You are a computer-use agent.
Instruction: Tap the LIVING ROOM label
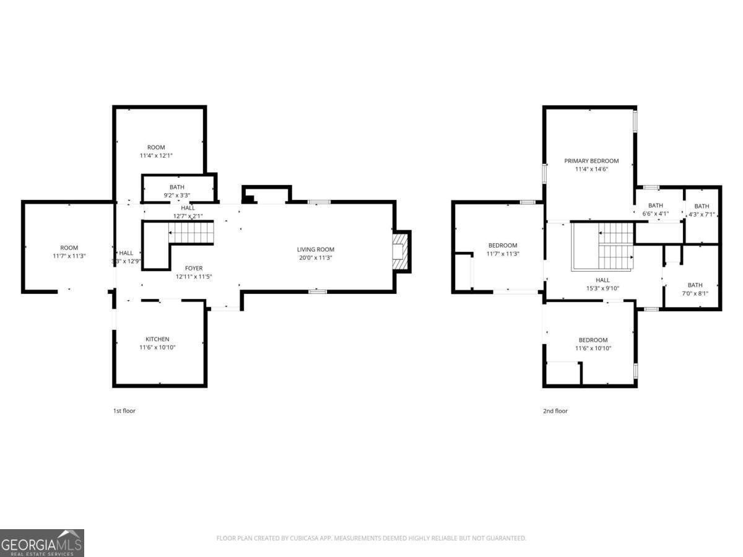(316, 249)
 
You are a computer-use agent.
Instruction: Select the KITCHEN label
(157, 339)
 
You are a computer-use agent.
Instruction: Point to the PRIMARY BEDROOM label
(591, 161)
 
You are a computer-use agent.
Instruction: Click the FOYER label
(193, 268)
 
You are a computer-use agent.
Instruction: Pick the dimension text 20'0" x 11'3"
(316, 258)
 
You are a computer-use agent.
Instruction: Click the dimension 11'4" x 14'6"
(591, 169)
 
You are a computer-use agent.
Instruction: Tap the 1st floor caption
(124, 411)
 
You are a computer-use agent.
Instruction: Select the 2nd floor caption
(555, 411)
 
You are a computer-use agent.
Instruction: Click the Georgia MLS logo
(42, 543)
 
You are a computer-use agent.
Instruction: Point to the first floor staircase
(191, 233)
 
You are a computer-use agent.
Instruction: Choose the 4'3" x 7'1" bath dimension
(702, 215)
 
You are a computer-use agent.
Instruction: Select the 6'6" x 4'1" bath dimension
(655, 214)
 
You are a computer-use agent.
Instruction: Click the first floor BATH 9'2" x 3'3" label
(176, 191)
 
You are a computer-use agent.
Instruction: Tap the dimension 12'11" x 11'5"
(193, 277)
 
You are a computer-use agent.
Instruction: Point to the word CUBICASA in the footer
(306, 538)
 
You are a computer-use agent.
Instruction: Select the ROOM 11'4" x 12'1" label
(156, 151)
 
